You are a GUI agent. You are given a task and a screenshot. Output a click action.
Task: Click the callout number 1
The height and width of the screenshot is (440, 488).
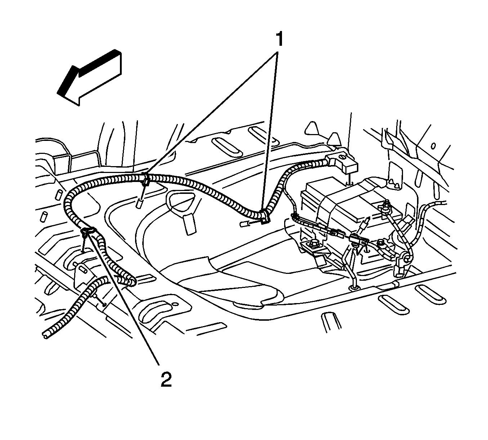click(x=279, y=39)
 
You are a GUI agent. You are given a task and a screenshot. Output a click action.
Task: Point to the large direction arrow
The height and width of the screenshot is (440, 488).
click(x=89, y=78)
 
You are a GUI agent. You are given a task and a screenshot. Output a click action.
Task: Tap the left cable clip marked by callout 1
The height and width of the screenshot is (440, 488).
click(x=145, y=179)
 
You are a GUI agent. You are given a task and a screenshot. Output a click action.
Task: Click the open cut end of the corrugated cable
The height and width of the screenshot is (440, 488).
click(x=45, y=335)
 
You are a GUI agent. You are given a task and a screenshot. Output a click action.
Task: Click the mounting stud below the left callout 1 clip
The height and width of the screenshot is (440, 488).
click(x=139, y=203)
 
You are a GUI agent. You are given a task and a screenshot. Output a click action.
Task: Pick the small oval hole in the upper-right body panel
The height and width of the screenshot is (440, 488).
click(x=433, y=146)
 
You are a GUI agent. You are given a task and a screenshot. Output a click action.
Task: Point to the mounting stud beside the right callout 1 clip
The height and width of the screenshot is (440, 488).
click(x=245, y=224)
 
